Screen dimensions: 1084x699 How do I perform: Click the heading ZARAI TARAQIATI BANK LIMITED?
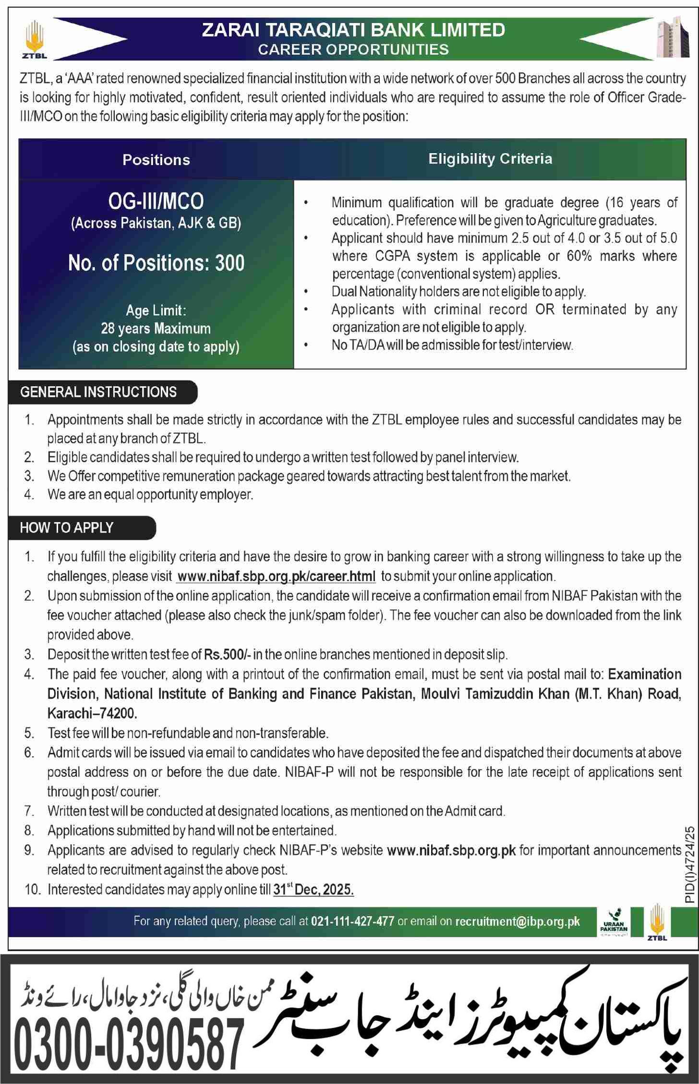coord(353,30)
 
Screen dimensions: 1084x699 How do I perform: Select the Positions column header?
coord(156,160)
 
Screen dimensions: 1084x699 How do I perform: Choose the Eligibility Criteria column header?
coord(490,159)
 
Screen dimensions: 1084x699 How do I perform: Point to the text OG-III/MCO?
coord(156,202)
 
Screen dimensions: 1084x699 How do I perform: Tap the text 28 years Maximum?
coord(156,329)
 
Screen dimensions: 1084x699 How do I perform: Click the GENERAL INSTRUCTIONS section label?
coord(98,392)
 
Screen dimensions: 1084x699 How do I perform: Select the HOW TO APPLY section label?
coord(67,528)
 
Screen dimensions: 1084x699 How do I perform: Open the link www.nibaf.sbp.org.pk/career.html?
coord(276,576)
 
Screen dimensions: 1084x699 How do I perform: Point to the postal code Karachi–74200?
coord(92,714)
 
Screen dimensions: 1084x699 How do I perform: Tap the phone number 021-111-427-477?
coord(353,921)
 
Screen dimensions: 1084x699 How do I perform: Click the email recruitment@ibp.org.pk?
coord(518,921)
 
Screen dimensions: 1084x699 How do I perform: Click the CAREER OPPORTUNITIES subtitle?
coord(353,49)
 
